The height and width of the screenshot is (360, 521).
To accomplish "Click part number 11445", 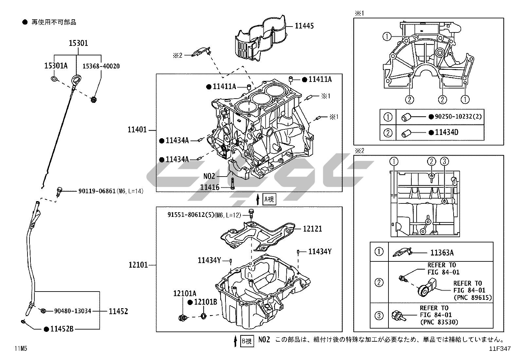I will click(304, 26).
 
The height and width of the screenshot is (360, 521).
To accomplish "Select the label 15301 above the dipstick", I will click(78, 43).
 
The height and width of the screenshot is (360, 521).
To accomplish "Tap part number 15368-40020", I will click(101, 66).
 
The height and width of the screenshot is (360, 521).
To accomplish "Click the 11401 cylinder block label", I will click(137, 130).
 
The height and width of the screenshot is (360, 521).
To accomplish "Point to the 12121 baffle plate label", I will click(312, 229).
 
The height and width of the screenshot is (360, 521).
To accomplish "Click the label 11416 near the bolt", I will click(210, 187).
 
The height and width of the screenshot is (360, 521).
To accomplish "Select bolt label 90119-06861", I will click(97, 191).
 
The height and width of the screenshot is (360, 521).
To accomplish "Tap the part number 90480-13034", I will click(73, 311).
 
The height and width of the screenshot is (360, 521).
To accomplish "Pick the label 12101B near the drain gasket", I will click(206, 302).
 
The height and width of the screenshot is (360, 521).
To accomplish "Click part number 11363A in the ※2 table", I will click(442, 253).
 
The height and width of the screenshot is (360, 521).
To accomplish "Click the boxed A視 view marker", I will click(269, 199).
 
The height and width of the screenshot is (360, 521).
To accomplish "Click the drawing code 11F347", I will click(500, 349).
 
